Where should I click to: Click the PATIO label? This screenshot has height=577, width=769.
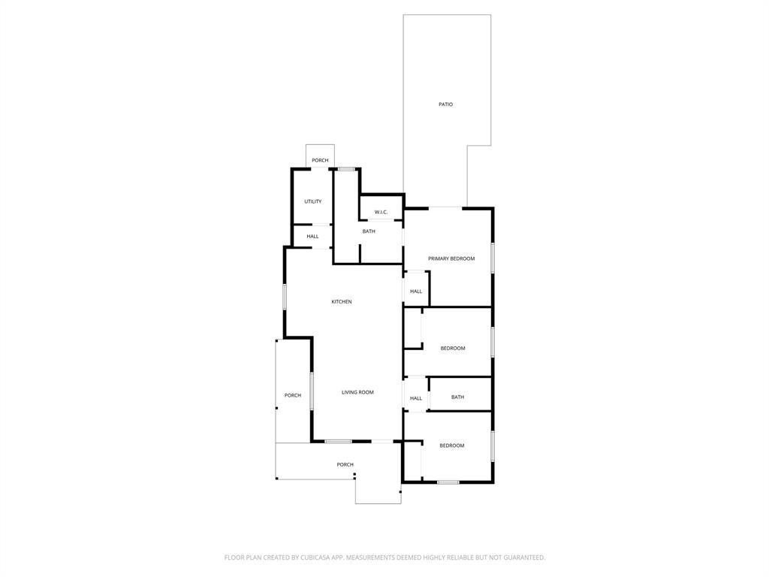click(x=445, y=104)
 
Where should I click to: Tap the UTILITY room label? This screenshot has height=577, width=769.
click(x=312, y=201)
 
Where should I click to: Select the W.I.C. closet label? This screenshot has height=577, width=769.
click(x=381, y=212)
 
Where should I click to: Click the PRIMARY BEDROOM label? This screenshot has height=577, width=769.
click(x=451, y=258)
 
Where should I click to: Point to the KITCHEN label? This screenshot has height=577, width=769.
click(x=342, y=302)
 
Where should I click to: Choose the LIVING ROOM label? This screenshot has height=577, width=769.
click(x=357, y=392)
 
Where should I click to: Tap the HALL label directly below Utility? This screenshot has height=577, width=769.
click(x=312, y=237)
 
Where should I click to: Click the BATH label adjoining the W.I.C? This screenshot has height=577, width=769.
click(x=369, y=231)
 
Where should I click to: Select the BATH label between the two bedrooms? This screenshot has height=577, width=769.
click(x=457, y=397)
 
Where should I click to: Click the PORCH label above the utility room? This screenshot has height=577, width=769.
click(x=320, y=160)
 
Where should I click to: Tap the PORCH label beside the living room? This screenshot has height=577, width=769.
click(x=292, y=395)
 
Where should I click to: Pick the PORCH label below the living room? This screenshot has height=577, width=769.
click(x=345, y=465)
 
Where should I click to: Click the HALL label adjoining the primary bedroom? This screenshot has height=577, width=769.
click(x=416, y=292)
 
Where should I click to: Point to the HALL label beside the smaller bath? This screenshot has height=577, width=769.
click(x=416, y=398)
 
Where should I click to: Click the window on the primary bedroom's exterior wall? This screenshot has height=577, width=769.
click(x=493, y=257)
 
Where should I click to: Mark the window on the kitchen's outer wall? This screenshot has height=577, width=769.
click(x=284, y=295)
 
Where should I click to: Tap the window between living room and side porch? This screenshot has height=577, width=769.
click(x=312, y=391)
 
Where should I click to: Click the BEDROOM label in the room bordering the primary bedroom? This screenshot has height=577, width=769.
click(x=452, y=349)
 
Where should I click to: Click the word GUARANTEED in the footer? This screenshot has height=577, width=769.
click(x=523, y=557)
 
